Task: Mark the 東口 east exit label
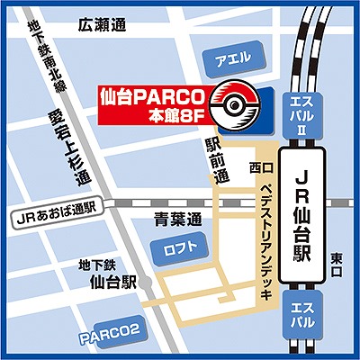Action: [x=336, y=258]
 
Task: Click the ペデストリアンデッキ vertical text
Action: [x=256, y=238]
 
